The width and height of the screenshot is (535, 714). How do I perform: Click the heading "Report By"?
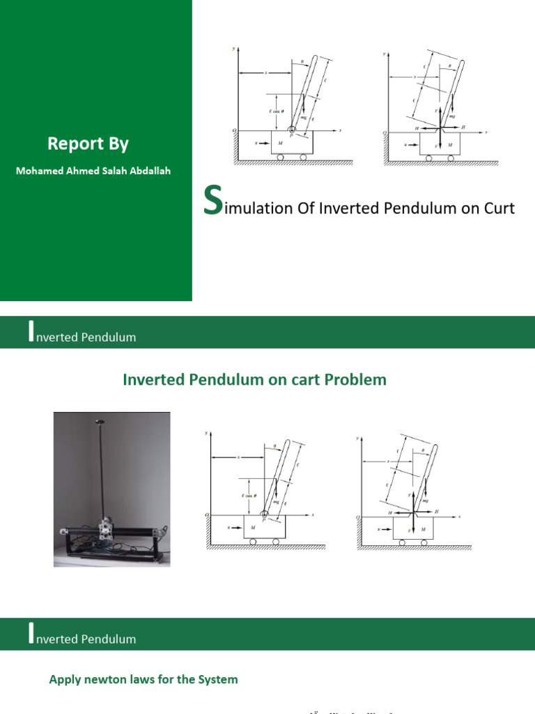tap(88, 144)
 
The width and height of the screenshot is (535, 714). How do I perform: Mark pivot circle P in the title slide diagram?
tap(291, 130)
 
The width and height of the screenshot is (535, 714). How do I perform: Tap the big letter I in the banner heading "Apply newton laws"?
tap(30, 635)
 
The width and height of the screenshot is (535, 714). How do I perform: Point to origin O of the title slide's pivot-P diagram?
tap(233, 130)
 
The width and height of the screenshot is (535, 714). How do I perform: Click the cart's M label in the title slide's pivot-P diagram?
tap(280, 143)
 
